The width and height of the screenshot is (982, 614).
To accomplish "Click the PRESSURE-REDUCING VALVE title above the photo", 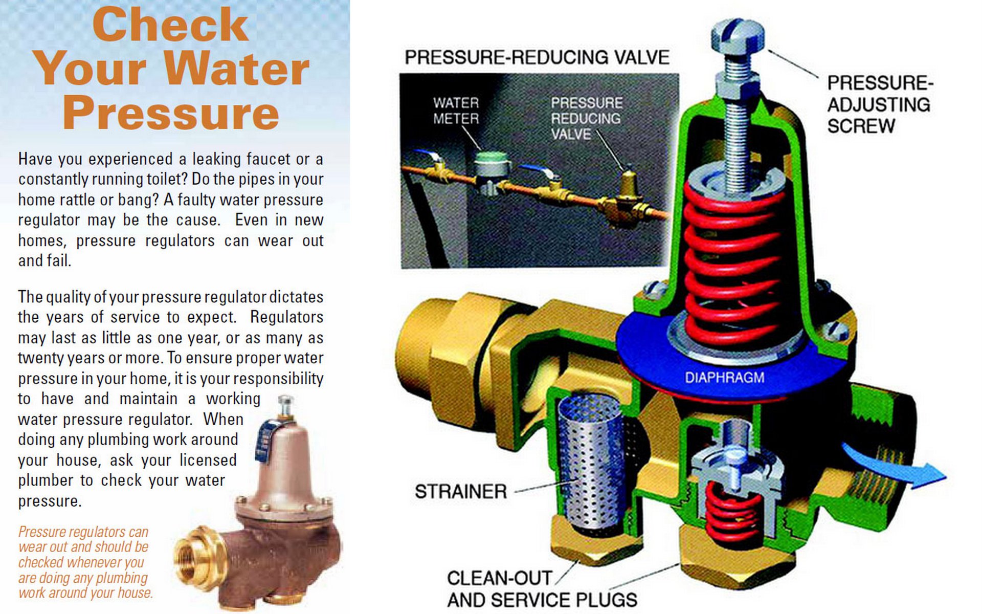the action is click(x=537, y=57).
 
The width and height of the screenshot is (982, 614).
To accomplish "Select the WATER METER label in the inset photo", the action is click(x=456, y=111).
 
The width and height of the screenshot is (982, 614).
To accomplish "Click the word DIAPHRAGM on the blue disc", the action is click(x=724, y=378).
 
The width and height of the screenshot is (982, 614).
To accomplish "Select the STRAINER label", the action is click(x=461, y=492).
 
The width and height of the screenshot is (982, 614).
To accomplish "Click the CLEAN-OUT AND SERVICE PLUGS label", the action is click(x=542, y=589).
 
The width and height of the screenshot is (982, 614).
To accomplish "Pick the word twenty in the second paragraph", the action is click(x=36, y=358).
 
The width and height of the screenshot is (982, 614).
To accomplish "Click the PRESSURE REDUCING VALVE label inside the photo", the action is click(x=586, y=118).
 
